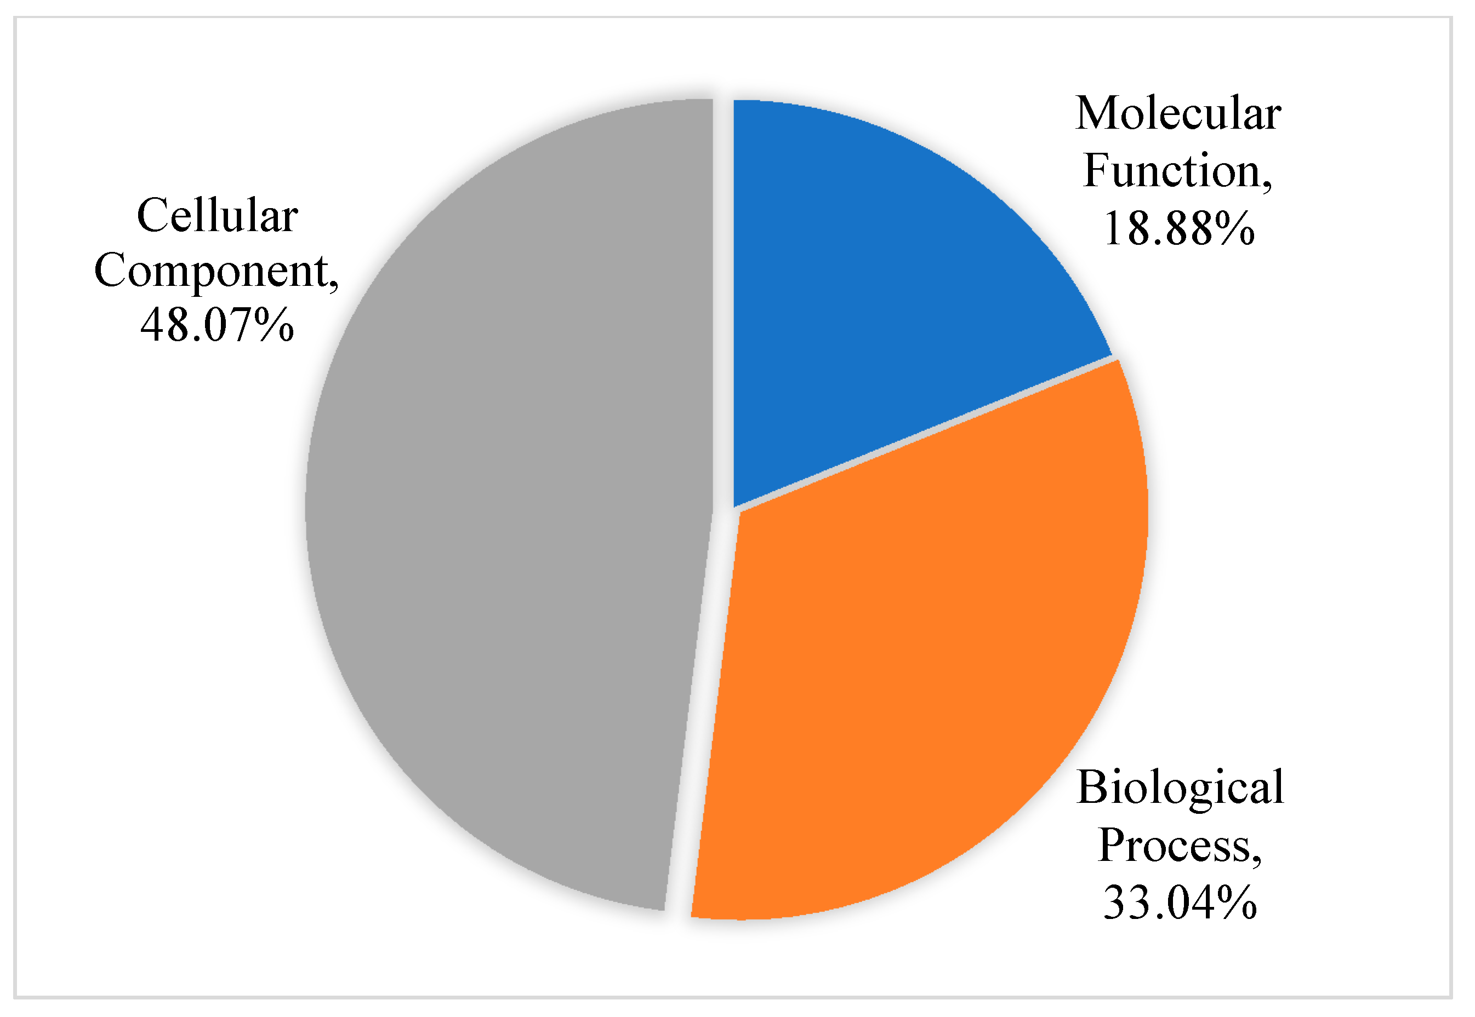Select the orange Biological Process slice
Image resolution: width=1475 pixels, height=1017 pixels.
click(x=925, y=669)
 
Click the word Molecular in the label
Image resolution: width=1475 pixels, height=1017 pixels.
click(x=1178, y=114)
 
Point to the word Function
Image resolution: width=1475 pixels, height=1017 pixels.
click(x=1172, y=171)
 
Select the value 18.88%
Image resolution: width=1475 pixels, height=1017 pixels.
click(x=1178, y=229)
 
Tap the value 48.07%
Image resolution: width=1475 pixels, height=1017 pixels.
click(x=218, y=326)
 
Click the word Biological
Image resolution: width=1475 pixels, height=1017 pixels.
click(x=1180, y=788)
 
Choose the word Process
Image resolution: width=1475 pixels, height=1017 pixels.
click(x=1174, y=846)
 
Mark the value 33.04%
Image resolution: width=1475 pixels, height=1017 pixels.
click(x=1180, y=903)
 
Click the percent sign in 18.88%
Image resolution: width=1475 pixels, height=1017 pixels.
click(x=1235, y=229)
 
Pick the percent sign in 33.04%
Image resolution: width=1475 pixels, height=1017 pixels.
click(x=1237, y=903)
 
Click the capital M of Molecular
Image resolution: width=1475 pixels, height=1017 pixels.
click(x=1095, y=114)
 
